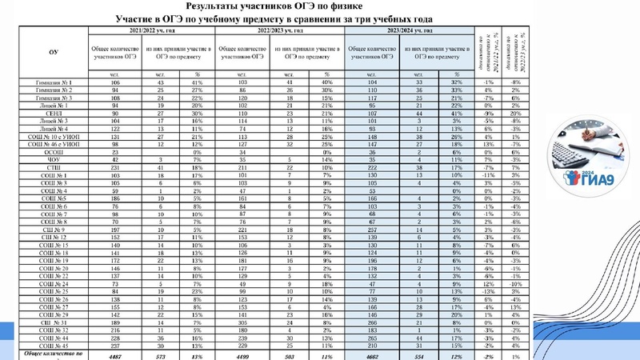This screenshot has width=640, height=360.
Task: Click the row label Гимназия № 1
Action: tap(54, 82)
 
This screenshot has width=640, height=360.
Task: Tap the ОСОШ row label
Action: tap(54, 152)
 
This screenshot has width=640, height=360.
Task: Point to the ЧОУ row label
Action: tap(54, 159)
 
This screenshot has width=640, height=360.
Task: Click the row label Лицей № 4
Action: tap(54, 129)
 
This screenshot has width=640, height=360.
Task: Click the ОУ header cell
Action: tap(54, 51)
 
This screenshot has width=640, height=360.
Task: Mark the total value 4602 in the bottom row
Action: tap(372, 355)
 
